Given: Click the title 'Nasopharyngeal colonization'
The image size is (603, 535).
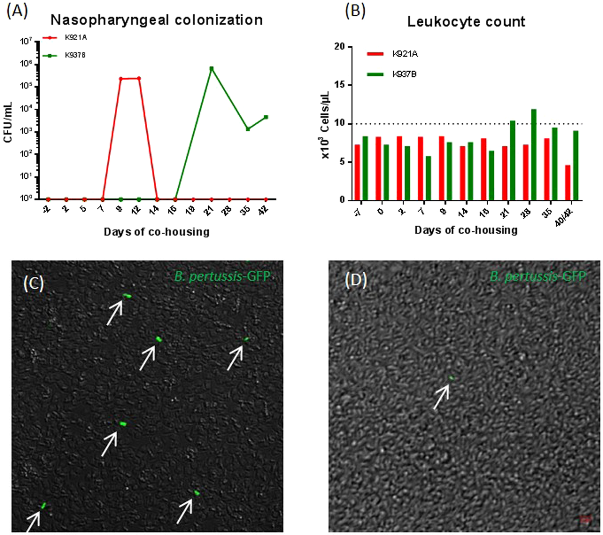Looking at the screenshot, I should tap(156, 20).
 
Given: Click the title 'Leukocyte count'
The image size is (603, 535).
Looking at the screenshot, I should tap(466, 22).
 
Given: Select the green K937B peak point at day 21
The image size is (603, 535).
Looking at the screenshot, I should tap(211, 68).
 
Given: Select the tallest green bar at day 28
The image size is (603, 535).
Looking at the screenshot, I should tap(534, 155).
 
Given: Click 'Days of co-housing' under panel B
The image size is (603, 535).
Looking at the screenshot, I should tap(466, 230).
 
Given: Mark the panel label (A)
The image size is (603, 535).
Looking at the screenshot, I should tap(17, 11).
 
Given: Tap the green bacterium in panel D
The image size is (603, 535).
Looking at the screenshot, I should tap(451, 378).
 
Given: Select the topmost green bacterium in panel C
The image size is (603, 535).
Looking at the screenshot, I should tap(127, 296).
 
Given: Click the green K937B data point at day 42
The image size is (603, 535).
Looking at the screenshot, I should tap(266, 117).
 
